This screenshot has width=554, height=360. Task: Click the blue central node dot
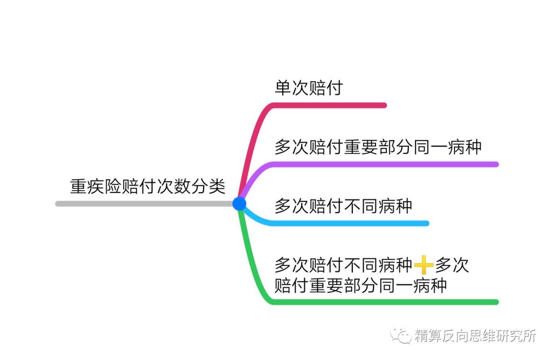pyautogui.click(x=239, y=204)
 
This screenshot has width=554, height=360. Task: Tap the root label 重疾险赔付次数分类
pyautogui.click(x=148, y=186)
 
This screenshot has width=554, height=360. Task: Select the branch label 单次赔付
pyautogui.click(x=309, y=88)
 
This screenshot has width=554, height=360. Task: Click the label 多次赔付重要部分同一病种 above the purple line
pyautogui.click(x=378, y=147)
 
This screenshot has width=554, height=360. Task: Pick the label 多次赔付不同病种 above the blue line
pyautogui.click(x=343, y=206)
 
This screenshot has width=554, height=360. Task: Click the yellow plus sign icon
pyautogui.click(x=424, y=265)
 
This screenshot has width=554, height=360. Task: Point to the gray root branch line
pyautogui.click(x=145, y=204)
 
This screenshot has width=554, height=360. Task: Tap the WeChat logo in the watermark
pyautogui.click(x=401, y=335)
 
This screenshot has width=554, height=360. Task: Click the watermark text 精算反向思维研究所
pyautogui.click(x=476, y=335)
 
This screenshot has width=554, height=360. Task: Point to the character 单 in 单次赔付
pyautogui.click(x=283, y=88)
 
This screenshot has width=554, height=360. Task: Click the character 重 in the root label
pyautogui.click(x=78, y=186)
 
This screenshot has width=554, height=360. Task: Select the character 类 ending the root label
pyautogui.click(x=217, y=186)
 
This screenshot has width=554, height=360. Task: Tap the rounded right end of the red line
pyautogui.click(x=384, y=105)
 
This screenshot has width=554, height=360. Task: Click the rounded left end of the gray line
pyautogui.click(x=58, y=204)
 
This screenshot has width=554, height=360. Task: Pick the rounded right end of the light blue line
pyautogui.click(x=427, y=223)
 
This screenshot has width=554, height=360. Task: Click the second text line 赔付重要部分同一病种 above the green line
pyautogui.click(x=361, y=285)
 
